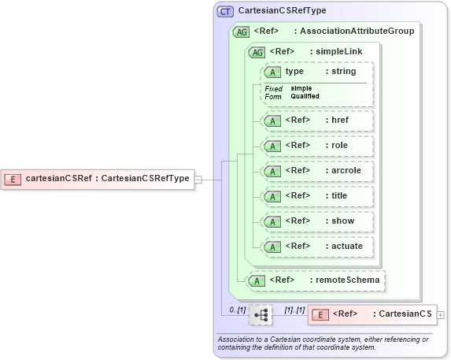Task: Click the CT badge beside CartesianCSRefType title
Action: (226, 11)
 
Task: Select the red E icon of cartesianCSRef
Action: (13, 179)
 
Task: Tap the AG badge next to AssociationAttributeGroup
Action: (242, 32)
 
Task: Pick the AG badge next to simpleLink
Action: (257, 52)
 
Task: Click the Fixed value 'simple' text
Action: (301, 88)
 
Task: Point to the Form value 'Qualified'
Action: (305, 96)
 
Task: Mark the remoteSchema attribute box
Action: (317, 280)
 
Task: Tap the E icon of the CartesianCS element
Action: (320, 314)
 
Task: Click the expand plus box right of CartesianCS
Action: (441, 314)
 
